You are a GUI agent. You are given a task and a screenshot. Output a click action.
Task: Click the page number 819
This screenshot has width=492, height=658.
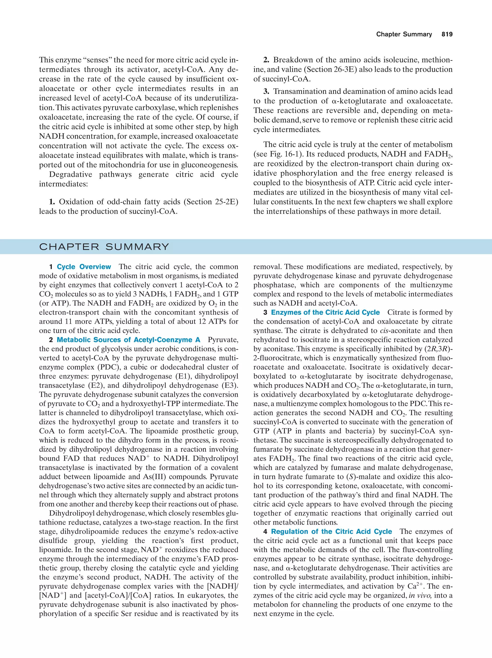447,34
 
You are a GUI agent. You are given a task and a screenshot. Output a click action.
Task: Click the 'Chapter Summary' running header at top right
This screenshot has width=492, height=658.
404,34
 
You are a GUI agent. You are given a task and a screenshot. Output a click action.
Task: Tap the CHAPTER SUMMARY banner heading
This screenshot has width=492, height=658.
104,247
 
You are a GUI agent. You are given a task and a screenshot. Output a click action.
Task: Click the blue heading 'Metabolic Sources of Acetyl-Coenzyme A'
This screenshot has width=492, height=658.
128,340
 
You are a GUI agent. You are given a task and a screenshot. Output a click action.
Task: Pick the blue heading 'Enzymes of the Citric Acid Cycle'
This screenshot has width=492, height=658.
325,312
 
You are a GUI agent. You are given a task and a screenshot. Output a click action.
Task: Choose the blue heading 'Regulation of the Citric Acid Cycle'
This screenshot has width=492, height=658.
331,531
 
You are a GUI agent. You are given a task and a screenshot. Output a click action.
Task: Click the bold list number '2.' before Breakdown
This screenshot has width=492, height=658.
266,60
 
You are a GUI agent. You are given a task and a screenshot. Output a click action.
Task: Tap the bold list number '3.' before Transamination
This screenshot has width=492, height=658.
266,92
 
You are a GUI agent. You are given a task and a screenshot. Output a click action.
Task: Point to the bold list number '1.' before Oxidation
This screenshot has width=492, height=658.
52,202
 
